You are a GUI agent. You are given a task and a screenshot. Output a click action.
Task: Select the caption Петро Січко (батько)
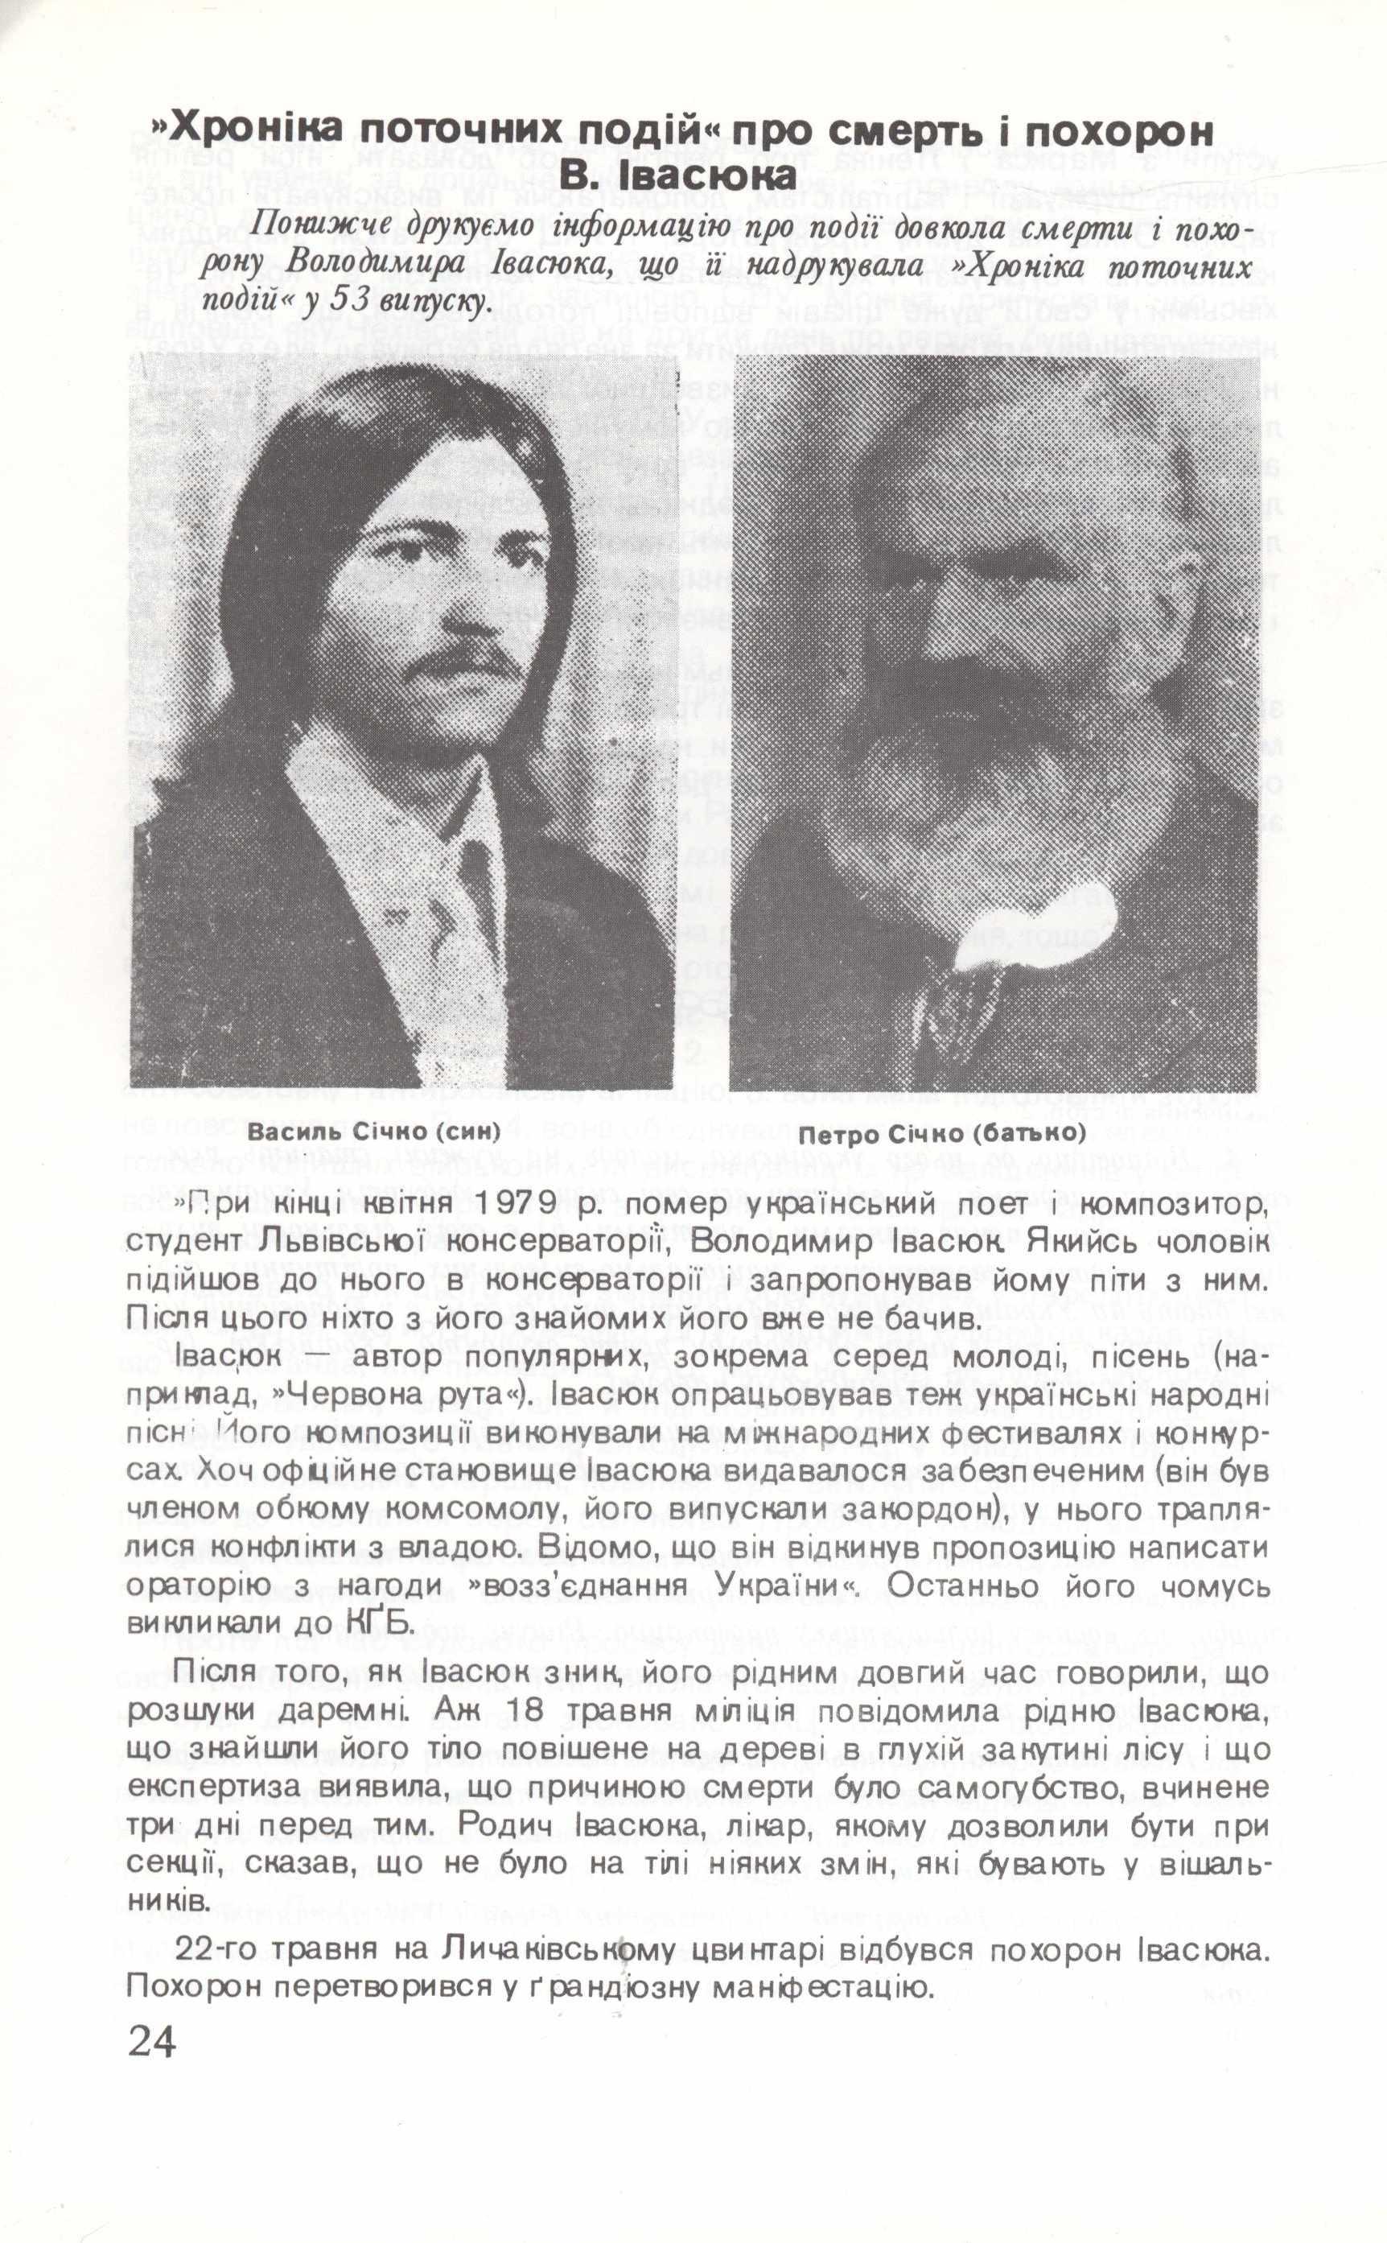coord(942,1134)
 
